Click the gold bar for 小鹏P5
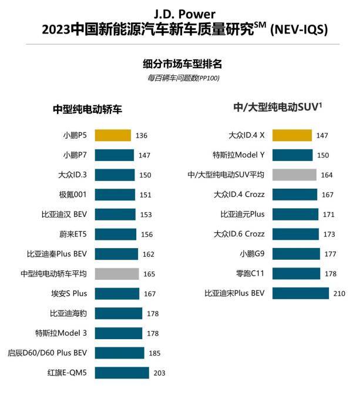112,135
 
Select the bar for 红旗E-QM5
121,373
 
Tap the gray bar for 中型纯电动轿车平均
116,273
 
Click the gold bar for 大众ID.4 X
292,135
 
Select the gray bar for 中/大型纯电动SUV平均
294,175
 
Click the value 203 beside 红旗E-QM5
159,373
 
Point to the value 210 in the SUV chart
339,293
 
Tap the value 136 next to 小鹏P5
141,135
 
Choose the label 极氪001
73,195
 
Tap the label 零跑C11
250,273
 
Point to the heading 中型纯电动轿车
87,109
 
